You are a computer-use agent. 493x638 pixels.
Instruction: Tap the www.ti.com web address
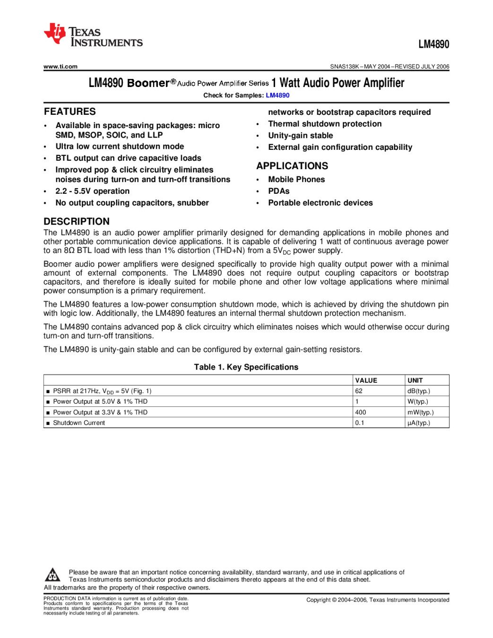pyautogui.click(x=61, y=67)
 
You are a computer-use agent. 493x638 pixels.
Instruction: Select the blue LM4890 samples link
pyautogui.click(x=277, y=95)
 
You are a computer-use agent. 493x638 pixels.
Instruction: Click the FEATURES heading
pyautogui.click(x=70, y=112)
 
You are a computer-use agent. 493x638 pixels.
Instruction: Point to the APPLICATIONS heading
pyautogui.click(x=292, y=166)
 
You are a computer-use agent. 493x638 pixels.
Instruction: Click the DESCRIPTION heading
pyautogui.click(x=77, y=221)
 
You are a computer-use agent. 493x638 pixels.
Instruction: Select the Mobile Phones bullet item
pyautogui.click(x=296, y=180)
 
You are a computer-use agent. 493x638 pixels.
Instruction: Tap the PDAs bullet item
pyautogui.click(x=279, y=191)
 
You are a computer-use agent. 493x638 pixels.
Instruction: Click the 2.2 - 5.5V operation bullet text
pyautogui.click(x=92, y=191)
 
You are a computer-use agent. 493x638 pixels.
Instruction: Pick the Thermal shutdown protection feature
pyautogui.click(x=325, y=124)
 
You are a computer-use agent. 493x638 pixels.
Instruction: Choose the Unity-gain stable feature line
pyautogui.click(x=301, y=136)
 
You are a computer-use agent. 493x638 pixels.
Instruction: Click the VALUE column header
pyautogui.click(x=366, y=380)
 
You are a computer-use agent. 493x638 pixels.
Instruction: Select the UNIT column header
pyautogui.click(x=415, y=380)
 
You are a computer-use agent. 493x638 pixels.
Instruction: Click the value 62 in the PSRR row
pyautogui.click(x=359, y=391)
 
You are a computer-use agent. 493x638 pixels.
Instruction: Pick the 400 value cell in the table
pyautogui.click(x=361, y=412)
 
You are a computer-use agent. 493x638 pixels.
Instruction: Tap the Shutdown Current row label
pyautogui.click(x=79, y=423)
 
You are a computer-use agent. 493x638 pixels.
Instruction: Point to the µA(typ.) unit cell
pyautogui.click(x=419, y=423)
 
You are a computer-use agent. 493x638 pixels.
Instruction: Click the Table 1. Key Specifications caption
pyautogui.click(x=246, y=367)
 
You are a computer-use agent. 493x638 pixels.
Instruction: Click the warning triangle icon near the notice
pyautogui.click(x=52, y=575)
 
